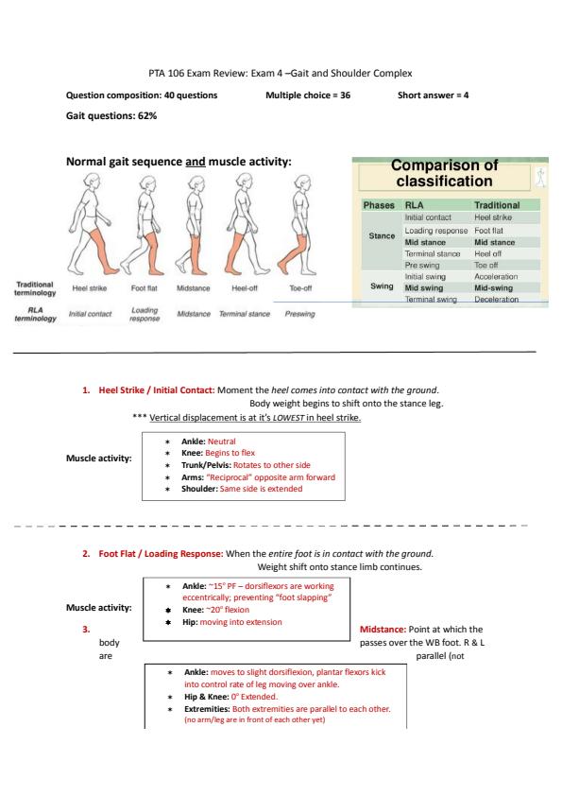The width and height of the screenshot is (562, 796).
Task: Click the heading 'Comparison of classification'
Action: [x=444, y=173]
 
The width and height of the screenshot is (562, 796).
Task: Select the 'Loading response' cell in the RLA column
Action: [x=435, y=231]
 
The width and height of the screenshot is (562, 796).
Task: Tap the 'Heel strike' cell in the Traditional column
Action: [x=493, y=217]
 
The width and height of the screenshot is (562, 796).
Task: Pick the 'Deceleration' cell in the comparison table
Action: [x=496, y=300]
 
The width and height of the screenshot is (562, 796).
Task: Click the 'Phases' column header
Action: [x=379, y=205]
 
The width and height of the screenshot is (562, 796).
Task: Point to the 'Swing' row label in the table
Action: [x=382, y=286]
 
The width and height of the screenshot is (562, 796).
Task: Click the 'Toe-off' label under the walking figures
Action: [x=300, y=287]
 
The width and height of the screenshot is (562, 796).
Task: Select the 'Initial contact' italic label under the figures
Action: [x=91, y=314]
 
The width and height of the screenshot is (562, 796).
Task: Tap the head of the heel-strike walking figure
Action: [x=93, y=181]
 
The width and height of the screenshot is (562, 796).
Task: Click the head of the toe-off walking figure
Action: [x=302, y=182]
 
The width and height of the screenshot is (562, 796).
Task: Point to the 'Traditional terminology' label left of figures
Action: [x=35, y=288]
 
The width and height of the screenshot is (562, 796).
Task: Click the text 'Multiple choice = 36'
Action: [x=308, y=95]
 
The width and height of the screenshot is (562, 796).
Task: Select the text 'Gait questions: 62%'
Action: [x=111, y=115]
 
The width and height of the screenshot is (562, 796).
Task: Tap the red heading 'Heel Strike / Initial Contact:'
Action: [x=157, y=389]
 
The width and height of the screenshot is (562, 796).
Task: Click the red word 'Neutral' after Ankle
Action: [x=222, y=441]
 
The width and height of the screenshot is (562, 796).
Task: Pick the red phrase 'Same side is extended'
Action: [x=262, y=489]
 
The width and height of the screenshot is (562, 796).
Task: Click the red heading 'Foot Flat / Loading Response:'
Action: [x=161, y=553]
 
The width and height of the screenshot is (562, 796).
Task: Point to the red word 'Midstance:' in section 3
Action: [x=383, y=629]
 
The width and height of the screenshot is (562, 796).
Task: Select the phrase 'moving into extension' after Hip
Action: [x=241, y=622]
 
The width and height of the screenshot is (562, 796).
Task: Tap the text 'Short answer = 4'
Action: [x=434, y=95]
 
